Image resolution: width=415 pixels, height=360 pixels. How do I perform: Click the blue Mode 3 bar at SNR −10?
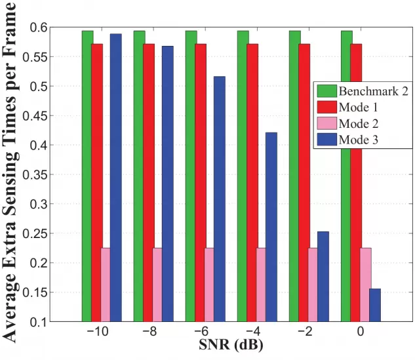[x=115, y=177]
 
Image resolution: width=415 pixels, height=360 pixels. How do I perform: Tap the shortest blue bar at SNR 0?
[x=374, y=305]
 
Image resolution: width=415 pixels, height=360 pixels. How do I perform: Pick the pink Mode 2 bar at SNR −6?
[x=209, y=285]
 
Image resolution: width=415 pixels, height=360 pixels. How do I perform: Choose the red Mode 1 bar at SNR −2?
[x=304, y=183]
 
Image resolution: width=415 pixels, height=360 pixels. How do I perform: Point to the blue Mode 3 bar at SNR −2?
[x=323, y=276]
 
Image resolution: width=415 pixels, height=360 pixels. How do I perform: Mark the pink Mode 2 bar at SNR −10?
[x=106, y=285]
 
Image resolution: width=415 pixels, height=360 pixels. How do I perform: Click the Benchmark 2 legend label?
[x=373, y=91]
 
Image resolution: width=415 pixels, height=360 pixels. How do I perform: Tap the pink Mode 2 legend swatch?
[x=326, y=123]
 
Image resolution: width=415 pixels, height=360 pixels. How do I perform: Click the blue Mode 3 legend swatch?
[x=326, y=139]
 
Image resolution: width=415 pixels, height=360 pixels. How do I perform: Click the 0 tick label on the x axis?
[x=360, y=333]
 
